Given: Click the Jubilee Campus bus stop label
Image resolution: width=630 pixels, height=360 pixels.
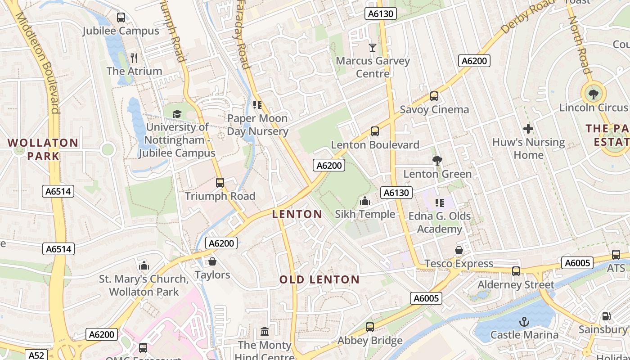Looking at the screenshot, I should pyautogui.click(x=121, y=31).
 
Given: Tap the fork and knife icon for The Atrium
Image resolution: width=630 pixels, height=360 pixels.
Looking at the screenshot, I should pyautogui.click(x=134, y=58).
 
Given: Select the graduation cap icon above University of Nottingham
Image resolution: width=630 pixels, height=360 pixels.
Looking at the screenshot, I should pyautogui.click(x=177, y=114).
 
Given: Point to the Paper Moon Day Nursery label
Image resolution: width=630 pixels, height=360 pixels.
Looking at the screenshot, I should pyautogui.click(x=257, y=125).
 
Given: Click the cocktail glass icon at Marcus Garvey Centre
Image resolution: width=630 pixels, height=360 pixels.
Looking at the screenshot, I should pyautogui.click(x=373, y=47).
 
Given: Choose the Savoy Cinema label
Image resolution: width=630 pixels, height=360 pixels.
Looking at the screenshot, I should pyautogui.click(x=434, y=109).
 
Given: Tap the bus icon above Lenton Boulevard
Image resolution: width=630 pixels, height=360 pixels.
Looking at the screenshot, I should pyautogui.click(x=375, y=131).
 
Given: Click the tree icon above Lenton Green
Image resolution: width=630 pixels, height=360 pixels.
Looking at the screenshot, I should pyautogui.click(x=437, y=161).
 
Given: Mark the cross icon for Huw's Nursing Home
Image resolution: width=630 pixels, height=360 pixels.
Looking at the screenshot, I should pyautogui.click(x=528, y=129).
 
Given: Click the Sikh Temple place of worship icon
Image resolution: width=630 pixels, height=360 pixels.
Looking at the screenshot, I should pyautogui.click(x=365, y=201).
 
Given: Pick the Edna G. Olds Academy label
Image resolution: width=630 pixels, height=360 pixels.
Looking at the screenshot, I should pyautogui.click(x=439, y=222).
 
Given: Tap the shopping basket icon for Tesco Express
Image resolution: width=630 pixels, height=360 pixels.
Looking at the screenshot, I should pyautogui.click(x=459, y=250).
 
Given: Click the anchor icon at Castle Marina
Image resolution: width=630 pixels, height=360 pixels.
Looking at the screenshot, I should pyautogui.click(x=524, y=321).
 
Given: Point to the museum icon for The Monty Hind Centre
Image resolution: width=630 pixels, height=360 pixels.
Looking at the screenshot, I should pyautogui.click(x=265, y=332).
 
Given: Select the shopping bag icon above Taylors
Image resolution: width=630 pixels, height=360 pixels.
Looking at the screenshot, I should pyautogui.click(x=212, y=261).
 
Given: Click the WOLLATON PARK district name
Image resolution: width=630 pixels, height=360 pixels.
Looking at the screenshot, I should pyautogui.click(x=43, y=149).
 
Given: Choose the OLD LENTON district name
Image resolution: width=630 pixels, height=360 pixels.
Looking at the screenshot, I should pyautogui.click(x=319, y=279).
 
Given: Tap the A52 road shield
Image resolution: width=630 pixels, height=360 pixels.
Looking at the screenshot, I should pyautogui.click(x=36, y=355).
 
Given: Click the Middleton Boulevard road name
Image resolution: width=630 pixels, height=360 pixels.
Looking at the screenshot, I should pyautogui.click(x=38, y=63).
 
